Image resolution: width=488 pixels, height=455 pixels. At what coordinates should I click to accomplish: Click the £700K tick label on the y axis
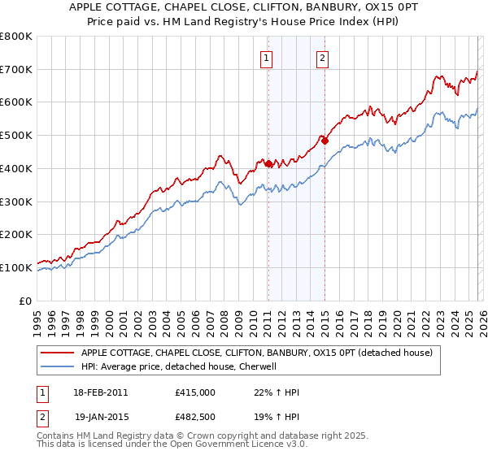coord(16,69)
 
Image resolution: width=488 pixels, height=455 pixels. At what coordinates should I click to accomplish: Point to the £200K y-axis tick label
coord(16,234)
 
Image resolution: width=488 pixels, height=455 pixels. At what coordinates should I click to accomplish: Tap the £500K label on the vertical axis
coord(16,135)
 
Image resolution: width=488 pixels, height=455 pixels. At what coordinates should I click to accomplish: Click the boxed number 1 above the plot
coord(267,57)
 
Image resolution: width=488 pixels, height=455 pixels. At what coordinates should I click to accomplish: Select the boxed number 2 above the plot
coord(323,57)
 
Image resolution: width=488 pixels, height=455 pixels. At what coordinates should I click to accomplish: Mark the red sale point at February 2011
coord(268,163)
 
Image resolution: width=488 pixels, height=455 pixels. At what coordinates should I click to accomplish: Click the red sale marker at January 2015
coord(325,141)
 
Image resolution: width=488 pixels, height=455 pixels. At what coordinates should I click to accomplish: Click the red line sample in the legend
coord(58,353)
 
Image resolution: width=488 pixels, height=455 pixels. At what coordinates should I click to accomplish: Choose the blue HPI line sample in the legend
coord(58,366)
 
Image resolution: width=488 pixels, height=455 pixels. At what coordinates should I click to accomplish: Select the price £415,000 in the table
coord(195,392)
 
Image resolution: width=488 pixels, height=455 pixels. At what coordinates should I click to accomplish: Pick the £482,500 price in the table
coord(195,418)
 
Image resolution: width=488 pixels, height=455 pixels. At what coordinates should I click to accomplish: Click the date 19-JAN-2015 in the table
coord(101,418)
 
